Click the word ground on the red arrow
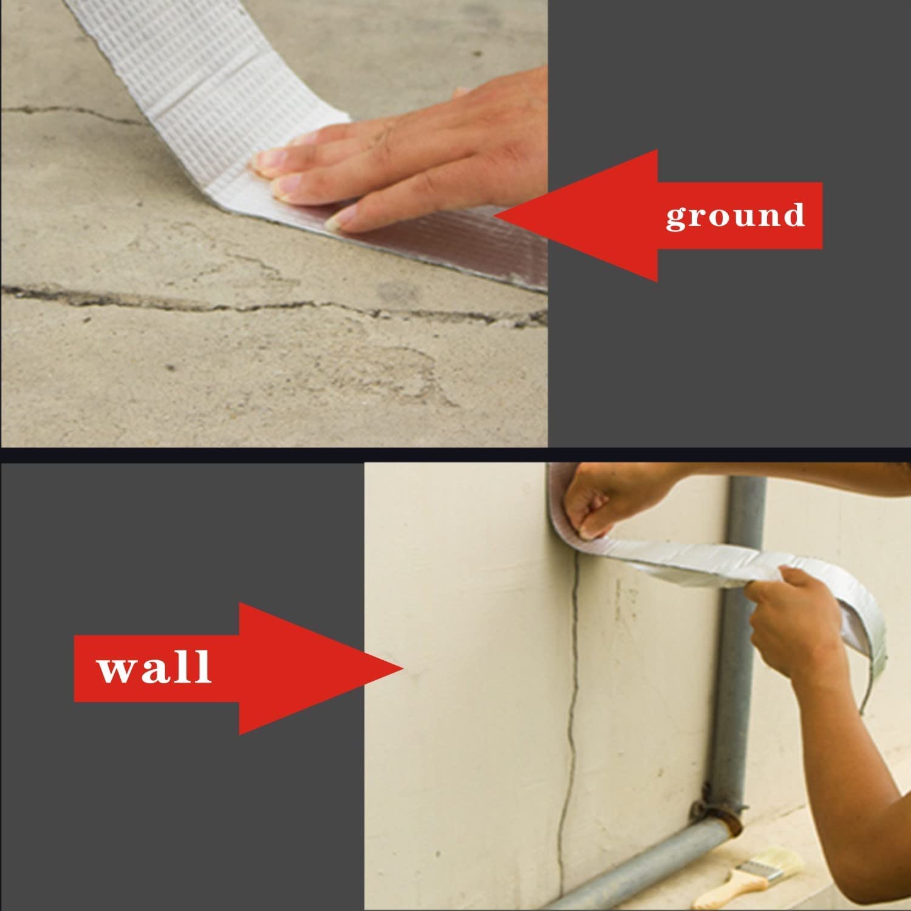point(735,216)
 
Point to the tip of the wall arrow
point(404,668)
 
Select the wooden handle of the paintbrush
point(726,896)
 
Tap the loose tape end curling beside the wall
point(875,656)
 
